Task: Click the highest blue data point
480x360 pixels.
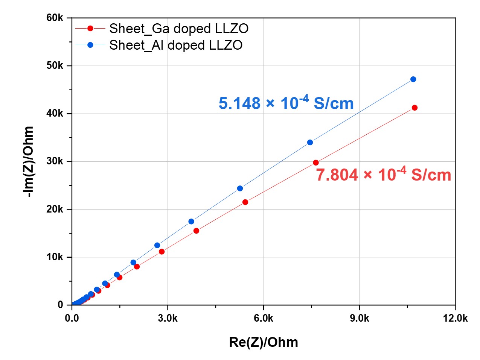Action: tap(413, 79)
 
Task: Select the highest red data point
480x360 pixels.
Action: tap(414, 108)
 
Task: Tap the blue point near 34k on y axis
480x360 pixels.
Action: tap(310, 143)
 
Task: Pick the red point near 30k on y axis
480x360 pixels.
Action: tap(315, 163)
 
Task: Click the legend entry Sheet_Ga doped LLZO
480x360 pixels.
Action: tap(178, 29)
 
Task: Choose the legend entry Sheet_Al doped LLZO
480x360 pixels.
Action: tap(175, 45)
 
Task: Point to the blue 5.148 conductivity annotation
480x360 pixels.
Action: tap(286, 103)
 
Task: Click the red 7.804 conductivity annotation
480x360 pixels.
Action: tap(383, 175)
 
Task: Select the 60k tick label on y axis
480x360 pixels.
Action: tap(55, 18)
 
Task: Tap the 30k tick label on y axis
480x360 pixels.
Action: tap(55, 161)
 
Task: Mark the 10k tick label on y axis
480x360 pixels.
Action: tap(55, 257)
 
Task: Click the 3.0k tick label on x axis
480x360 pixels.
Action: tap(168, 318)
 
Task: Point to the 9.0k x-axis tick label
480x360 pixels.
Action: tap(359, 318)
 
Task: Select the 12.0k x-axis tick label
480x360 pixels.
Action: tap(455, 318)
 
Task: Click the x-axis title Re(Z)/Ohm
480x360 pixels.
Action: tap(263, 342)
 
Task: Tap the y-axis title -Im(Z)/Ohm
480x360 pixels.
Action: tap(29, 161)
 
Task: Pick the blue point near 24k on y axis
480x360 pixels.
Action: tap(240, 188)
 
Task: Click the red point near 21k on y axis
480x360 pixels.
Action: tap(245, 202)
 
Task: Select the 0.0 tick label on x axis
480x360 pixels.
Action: tap(72, 318)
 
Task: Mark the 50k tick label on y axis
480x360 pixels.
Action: tap(55, 66)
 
